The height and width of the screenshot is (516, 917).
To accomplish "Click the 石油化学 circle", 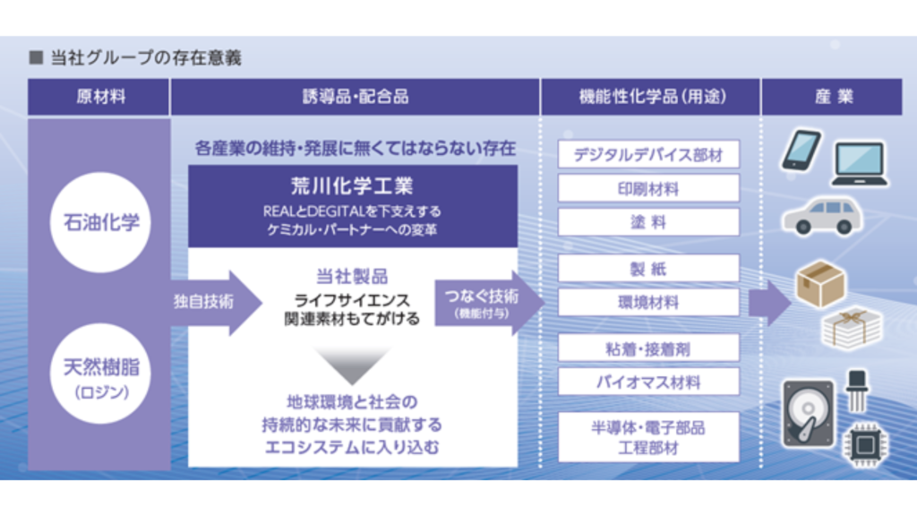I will (100, 221).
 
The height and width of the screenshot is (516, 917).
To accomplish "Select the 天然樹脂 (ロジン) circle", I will (100, 374).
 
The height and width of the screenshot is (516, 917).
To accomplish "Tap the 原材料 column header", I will (99, 97).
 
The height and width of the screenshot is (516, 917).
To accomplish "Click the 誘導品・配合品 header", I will (355, 97).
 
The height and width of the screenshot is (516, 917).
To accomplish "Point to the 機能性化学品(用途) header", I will (651, 97).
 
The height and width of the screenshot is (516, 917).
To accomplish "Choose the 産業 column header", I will (832, 97).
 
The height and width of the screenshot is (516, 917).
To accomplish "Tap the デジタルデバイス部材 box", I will (648, 154).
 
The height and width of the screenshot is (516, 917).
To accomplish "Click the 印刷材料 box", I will (648, 188).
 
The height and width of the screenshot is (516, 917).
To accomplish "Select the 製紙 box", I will (648, 268).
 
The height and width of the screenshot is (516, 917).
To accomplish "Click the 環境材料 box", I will (648, 302).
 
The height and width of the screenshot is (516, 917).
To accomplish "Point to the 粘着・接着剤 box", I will (648, 348).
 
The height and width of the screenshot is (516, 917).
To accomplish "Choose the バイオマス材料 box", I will (648, 383).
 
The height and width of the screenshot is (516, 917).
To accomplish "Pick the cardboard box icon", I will (819, 282).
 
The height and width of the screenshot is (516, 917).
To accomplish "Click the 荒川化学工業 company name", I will (351, 187).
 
